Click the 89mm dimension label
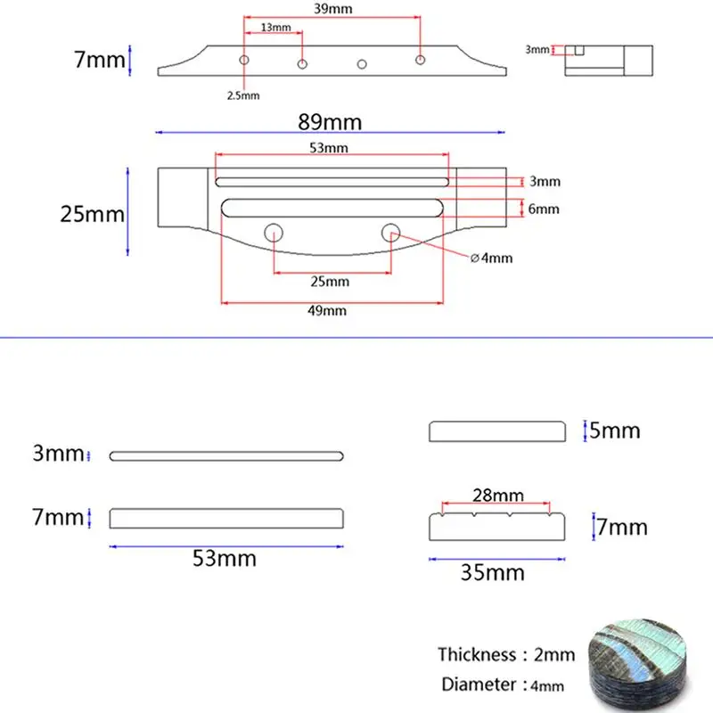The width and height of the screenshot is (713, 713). pyautogui.click(x=330, y=122)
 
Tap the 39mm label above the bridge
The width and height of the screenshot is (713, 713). pyautogui.click(x=332, y=9)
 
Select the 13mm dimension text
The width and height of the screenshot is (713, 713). pyautogui.click(x=275, y=28)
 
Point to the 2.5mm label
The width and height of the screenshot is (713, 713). pyautogui.click(x=243, y=95)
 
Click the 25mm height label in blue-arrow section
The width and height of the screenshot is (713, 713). pyautogui.click(x=93, y=214)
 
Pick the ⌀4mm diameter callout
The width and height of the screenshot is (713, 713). pyautogui.click(x=492, y=258)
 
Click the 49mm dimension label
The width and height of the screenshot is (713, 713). pyautogui.click(x=327, y=310)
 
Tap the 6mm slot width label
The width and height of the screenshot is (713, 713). pyautogui.click(x=544, y=209)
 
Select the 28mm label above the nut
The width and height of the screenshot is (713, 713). pyautogui.click(x=498, y=495)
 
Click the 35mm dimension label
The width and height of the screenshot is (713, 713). pyautogui.click(x=493, y=572)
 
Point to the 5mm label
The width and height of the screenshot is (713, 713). pyautogui.click(x=615, y=430)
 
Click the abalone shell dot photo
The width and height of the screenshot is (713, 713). pyautogui.click(x=638, y=663)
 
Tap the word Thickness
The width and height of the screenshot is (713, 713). pyautogui.click(x=477, y=654)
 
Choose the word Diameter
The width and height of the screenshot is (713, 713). pyautogui.click(x=479, y=684)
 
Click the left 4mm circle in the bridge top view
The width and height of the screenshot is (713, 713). pyautogui.click(x=274, y=233)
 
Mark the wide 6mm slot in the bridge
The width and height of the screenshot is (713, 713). pyautogui.click(x=332, y=208)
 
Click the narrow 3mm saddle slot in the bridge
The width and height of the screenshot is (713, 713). pyautogui.click(x=332, y=182)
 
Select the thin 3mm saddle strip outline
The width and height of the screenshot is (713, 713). pyautogui.click(x=226, y=456)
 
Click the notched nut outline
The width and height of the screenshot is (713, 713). pyautogui.click(x=497, y=527)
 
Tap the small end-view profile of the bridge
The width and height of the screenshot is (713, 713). pyautogui.click(x=609, y=60)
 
